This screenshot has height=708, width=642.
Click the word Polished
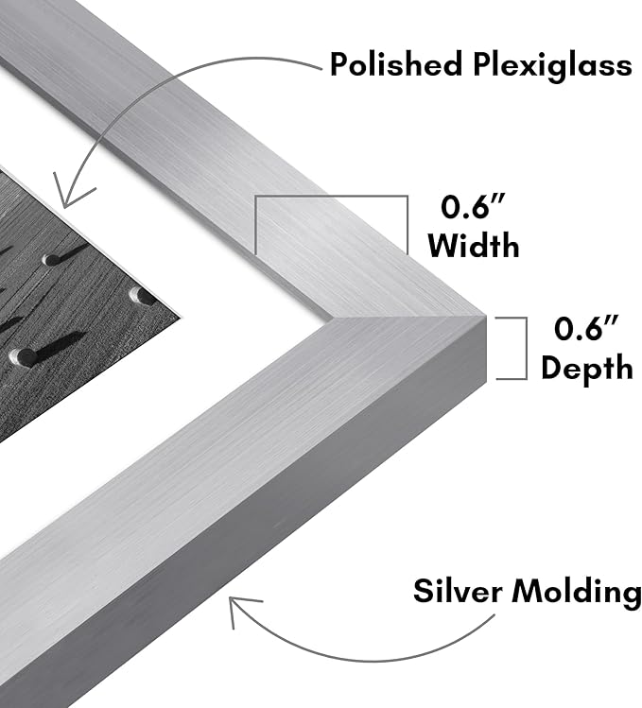point(396,64)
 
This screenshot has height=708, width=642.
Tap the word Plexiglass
point(552,67)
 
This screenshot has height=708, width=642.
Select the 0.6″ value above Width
point(473,207)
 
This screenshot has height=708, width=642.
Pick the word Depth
point(587,369)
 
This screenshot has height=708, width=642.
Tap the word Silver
point(459,591)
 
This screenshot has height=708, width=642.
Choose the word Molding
point(577,593)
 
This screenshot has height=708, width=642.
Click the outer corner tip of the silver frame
point(486,315)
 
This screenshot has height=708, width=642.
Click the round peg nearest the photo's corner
point(140,296)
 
